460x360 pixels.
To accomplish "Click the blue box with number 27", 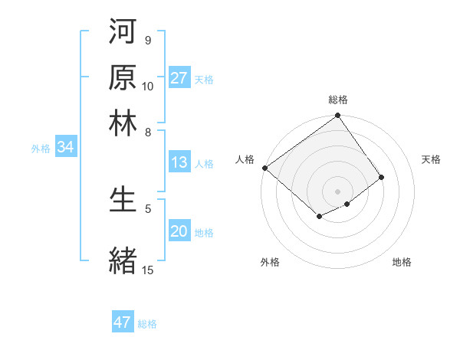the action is [179, 78].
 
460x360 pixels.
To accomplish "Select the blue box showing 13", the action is [179, 162].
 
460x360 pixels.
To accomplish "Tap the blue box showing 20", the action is [179, 232].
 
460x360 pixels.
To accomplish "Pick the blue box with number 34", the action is [66, 148].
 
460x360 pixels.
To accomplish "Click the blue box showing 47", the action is [123, 322].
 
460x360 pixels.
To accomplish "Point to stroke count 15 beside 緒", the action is [148, 270].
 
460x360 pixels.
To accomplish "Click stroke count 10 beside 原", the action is [148, 86].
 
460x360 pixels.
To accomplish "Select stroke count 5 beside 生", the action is [148, 208].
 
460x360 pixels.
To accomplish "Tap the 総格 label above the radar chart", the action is [338, 100].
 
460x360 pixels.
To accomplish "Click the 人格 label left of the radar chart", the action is [245, 159].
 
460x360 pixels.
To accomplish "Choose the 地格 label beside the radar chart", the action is [402, 262].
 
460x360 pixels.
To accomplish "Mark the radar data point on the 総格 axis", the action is [338, 116].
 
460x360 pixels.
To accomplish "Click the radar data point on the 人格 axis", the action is [264, 168].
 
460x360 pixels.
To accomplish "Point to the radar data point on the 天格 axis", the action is [382, 177].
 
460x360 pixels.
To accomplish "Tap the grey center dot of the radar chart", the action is [338, 191].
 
